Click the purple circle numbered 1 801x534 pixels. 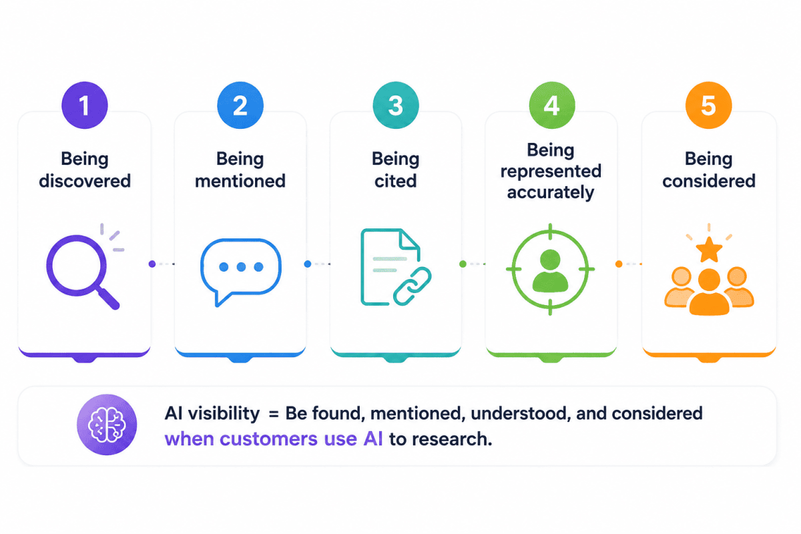click(85, 105)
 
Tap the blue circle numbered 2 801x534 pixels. click(240, 105)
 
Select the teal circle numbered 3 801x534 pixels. click(396, 105)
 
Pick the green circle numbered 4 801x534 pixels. click(552, 105)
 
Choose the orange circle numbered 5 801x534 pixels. click(709, 105)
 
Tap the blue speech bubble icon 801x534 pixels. click(241, 272)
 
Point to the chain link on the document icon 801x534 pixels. click(413, 286)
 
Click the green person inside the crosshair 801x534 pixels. click(550, 271)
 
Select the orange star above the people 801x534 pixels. click(709, 250)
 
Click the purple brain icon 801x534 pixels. click(107, 425)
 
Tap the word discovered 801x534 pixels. click(85, 181)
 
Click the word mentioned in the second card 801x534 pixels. click(240, 181)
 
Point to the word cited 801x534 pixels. click(395, 181)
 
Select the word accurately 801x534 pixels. click(551, 193)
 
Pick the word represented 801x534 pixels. click(551, 172)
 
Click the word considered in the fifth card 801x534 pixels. click(709, 181)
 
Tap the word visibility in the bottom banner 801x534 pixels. click(224, 413)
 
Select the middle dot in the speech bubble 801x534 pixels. click(241, 267)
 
